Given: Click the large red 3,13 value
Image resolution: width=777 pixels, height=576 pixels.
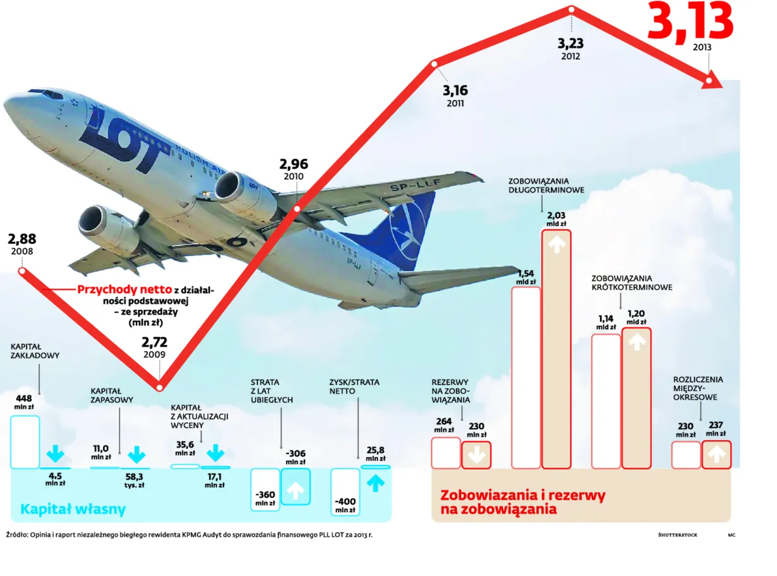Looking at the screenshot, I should coord(690,20).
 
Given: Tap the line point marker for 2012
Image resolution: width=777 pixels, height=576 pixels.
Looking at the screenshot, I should coord(572,9).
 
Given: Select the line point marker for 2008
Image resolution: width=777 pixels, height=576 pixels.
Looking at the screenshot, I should coord(22,271).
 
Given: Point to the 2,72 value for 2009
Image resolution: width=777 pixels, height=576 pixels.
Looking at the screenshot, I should coord(154,343).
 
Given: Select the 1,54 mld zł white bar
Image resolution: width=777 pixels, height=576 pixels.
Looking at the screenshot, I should coord(526,377).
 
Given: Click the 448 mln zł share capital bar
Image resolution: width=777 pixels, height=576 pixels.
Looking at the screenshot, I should coord(25,441).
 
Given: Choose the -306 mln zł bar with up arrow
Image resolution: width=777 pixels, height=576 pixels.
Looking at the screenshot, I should coord(295,486).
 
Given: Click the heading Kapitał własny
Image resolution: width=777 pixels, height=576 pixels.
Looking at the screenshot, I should coord(73,509).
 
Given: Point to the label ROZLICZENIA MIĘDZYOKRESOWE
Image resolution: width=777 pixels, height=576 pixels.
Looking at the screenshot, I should coord(698,388).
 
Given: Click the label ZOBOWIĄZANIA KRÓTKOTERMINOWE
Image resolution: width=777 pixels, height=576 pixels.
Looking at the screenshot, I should coord(632,282).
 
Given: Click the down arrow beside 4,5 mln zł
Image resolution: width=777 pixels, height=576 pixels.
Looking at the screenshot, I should coord(56,453).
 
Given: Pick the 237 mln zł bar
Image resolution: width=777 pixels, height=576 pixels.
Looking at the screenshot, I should coord(716,454).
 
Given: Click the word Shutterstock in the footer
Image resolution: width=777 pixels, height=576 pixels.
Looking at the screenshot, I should coord(677,534).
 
